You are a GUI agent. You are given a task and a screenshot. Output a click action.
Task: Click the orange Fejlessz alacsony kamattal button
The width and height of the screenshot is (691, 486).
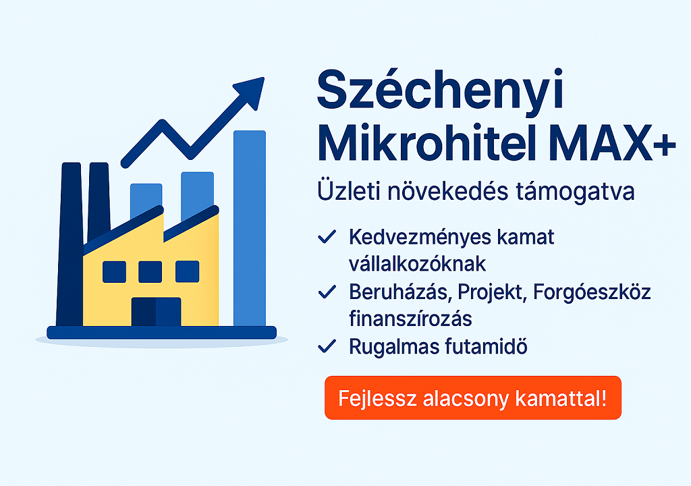(473, 398)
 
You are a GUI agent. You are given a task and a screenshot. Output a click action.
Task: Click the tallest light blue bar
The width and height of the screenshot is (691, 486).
(250, 228)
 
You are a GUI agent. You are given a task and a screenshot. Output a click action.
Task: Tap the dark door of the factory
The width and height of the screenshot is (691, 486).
(156, 312)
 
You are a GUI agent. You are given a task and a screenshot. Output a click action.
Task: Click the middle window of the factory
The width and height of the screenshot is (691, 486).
(150, 271)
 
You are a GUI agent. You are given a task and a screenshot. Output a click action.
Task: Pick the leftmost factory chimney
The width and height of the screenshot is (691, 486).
(70, 244)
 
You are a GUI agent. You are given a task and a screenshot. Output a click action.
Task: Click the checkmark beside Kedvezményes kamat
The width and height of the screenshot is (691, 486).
(327, 237)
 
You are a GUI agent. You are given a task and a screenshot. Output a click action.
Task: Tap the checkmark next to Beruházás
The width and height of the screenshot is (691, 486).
(327, 292)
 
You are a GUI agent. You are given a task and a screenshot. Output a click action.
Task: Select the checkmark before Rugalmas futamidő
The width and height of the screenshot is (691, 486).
(327, 346)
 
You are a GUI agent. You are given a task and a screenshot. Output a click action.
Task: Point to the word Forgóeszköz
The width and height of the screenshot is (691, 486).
(592, 293)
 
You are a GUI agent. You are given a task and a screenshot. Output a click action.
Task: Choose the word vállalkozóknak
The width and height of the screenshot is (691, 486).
(417, 264)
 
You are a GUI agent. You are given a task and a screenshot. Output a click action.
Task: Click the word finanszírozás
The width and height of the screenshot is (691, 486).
(410, 319)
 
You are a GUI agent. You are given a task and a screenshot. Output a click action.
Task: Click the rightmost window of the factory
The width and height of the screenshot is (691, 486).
(188, 271)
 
